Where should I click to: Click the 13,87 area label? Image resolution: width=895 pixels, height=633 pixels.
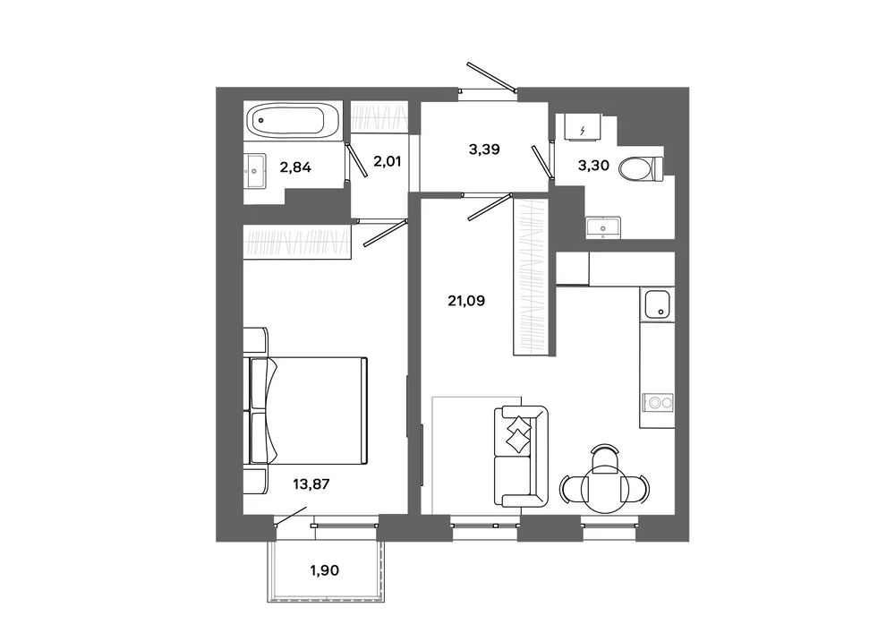pos(311,484)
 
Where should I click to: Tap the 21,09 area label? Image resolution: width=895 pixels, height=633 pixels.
pos(466,301)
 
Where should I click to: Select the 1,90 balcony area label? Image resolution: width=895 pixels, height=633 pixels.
pos(324,570)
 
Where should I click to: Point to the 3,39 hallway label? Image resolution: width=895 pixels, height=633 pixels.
pos(484,150)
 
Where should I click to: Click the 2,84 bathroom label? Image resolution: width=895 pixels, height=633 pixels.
pos(295,167)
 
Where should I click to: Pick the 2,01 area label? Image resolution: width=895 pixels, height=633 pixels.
pos(387,161)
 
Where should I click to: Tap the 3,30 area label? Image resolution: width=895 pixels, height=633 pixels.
pos(593,166)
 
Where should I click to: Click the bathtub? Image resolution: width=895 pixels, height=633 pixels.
pos(293,121)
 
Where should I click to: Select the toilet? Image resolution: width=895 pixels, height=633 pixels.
pos(641,169)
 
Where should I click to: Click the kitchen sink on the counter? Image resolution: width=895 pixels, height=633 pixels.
pos(657,304)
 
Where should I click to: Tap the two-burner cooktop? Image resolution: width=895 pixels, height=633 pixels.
pos(658,402)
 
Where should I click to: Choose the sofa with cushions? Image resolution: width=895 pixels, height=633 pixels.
pos(520,456)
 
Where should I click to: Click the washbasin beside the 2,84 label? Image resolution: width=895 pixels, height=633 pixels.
pos(255,171)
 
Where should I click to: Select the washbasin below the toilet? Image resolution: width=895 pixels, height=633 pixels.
pos(603,227)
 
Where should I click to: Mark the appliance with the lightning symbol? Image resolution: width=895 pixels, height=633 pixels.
pos(583,127)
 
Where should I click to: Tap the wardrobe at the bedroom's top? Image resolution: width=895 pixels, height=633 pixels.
pos(297,242)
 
